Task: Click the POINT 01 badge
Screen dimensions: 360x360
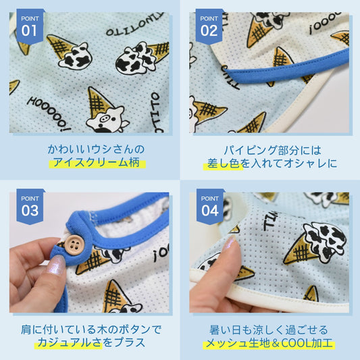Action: coord(30,26)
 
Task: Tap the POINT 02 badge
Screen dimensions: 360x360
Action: coord(209,26)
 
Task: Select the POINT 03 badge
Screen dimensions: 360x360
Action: coord(30,207)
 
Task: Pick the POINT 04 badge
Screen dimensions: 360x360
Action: coord(210,207)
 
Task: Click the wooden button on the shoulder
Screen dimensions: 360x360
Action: coord(74,245)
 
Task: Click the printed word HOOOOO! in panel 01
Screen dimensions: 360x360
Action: coord(49,114)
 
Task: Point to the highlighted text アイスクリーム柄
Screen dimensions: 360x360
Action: coord(97,163)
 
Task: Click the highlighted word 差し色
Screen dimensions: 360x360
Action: coord(224,163)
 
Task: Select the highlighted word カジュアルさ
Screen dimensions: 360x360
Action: coord(69,342)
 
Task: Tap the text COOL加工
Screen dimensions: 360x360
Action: coord(307,343)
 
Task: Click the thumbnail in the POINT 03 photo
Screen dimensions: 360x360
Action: coord(57,265)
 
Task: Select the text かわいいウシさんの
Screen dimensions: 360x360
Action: coord(96,149)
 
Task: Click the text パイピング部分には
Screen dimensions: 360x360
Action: coord(272,150)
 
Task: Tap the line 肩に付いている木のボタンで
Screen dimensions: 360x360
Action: coord(91,330)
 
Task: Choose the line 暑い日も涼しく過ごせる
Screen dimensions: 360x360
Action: coord(269,330)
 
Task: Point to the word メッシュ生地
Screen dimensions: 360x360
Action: coord(238,343)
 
